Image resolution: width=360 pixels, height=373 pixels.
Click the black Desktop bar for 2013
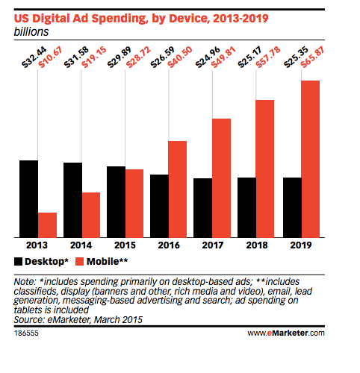click(x=29, y=198)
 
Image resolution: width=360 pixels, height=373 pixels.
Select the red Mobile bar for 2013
click(x=48, y=225)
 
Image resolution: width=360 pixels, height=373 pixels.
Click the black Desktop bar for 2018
click(x=247, y=207)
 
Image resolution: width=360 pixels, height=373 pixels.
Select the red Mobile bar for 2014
click(x=91, y=215)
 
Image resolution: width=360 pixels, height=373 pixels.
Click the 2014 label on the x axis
click(x=82, y=245)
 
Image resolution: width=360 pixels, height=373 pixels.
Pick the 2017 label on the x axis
click(x=214, y=245)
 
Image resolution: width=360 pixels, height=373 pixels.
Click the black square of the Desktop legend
click(x=18, y=261)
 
